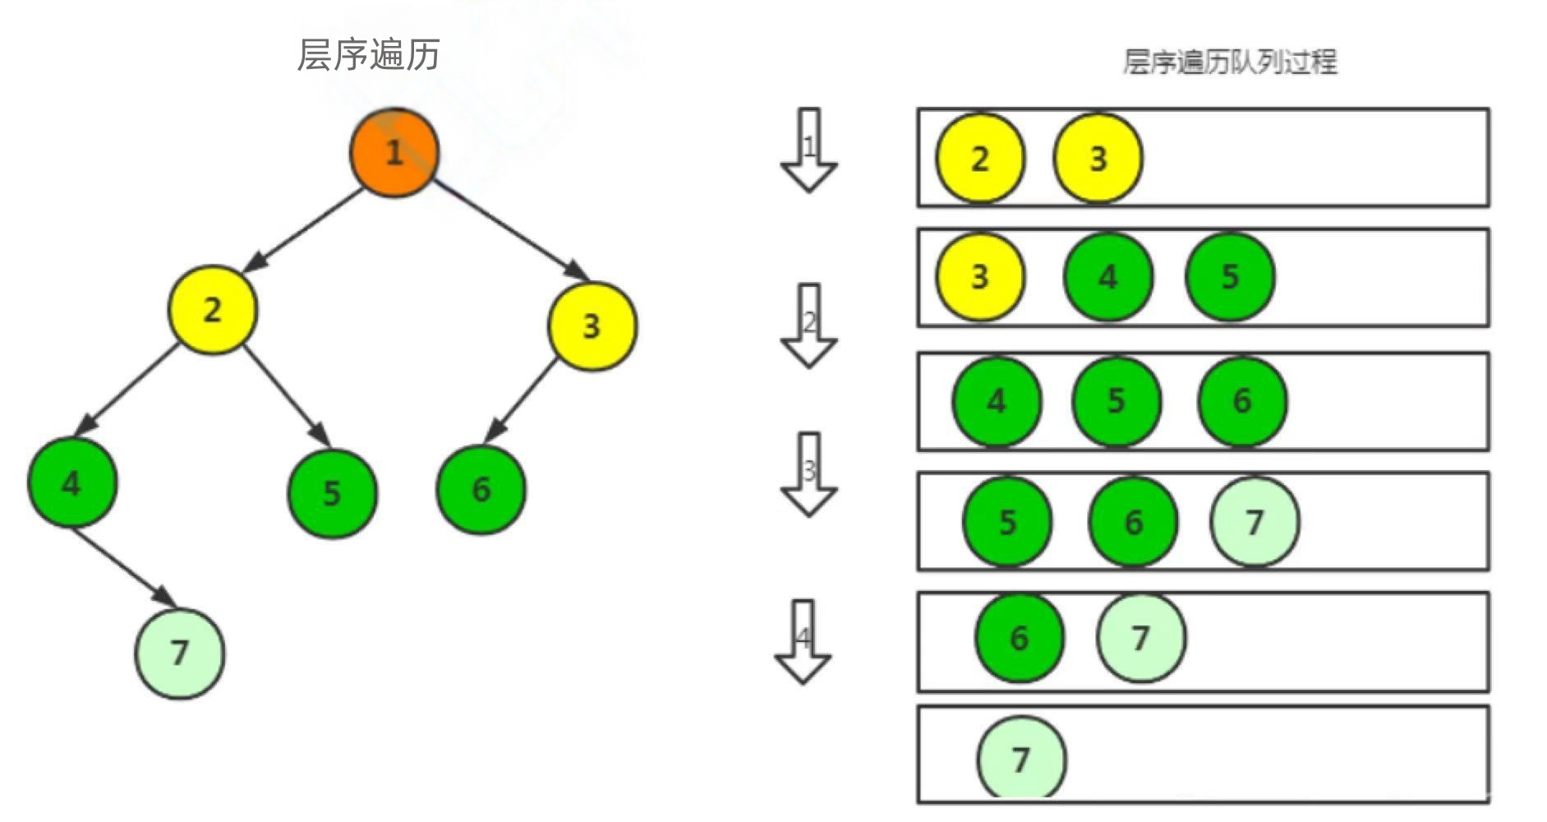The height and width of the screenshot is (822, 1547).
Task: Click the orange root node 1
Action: pyautogui.click(x=394, y=152)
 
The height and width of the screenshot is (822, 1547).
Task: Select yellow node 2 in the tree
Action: pyautogui.click(x=212, y=310)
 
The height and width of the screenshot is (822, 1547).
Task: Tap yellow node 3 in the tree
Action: pyautogui.click(x=592, y=326)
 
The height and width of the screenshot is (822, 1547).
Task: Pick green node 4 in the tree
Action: pyautogui.click(x=72, y=483)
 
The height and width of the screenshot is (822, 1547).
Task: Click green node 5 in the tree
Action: pyautogui.click(x=332, y=493)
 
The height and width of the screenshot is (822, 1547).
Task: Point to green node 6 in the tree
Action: pyautogui.click(x=481, y=490)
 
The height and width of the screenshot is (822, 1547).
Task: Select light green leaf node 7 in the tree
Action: pyautogui.click(x=180, y=653)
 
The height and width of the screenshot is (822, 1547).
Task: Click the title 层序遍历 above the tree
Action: pyautogui.click(x=368, y=55)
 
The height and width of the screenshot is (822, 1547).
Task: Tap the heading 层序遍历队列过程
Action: pyautogui.click(x=1229, y=62)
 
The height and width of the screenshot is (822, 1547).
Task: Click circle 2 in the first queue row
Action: pyautogui.click(x=980, y=158)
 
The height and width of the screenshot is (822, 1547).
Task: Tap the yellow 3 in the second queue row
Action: pyautogui.click(x=980, y=277)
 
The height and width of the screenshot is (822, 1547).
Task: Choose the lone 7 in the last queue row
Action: pyautogui.click(x=1021, y=759)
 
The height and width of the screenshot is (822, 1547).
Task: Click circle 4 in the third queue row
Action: pyautogui.click(x=997, y=401)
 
